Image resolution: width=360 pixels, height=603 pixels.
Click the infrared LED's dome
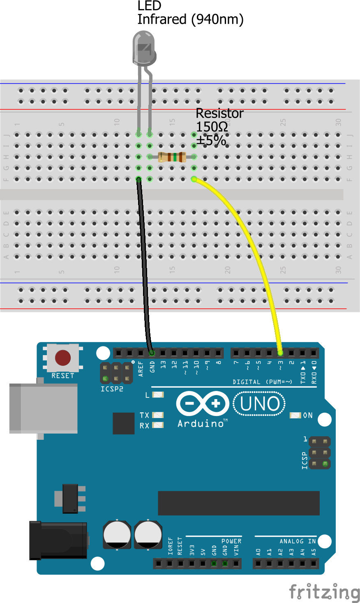(x=144, y=48)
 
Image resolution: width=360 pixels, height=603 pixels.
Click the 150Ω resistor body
(x=172, y=157)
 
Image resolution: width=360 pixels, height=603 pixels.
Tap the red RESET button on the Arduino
(x=63, y=358)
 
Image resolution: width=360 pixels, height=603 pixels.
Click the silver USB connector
(x=43, y=408)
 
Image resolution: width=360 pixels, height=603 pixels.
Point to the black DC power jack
(x=58, y=540)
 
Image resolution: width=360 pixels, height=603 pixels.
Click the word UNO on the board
(x=260, y=404)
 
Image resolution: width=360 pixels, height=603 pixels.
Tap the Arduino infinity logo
(x=202, y=404)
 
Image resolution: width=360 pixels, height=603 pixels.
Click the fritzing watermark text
(x=324, y=592)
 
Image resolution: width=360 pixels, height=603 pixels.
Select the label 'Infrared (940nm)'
(x=190, y=19)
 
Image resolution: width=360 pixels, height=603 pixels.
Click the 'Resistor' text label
(x=219, y=113)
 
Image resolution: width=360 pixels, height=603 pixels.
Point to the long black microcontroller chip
(x=238, y=503)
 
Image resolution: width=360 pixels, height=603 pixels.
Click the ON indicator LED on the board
(x=295, y=416)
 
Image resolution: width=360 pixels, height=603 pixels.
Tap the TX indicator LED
(x=158, y=415)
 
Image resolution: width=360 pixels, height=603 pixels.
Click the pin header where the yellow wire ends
(x=280, y=353)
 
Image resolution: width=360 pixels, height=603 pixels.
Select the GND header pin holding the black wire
(x=152, y=353)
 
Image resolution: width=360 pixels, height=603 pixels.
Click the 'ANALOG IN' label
(x=298, y=541)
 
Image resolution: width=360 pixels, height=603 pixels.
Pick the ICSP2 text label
(x=112, y=389)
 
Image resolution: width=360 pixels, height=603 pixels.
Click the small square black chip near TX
(x=123, y=423)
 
